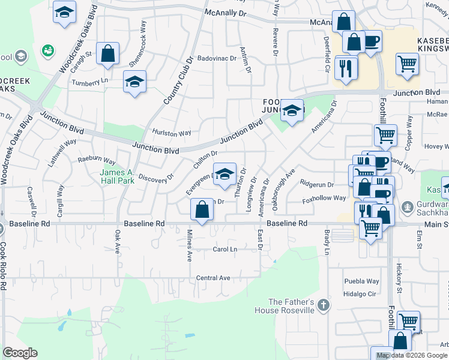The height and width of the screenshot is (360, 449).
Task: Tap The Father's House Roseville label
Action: (x=291, y=306)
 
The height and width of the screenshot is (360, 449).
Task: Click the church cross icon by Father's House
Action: (x=324, y=305)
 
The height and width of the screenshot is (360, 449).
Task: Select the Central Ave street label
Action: (x=213, y=278)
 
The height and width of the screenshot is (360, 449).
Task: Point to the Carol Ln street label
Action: (x=225, y=249)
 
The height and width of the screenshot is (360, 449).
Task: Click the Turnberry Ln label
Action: (x=90, y=81)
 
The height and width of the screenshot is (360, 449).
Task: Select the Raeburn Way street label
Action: (x=97, y=161)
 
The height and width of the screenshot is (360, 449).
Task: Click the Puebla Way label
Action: (x=361, y=281)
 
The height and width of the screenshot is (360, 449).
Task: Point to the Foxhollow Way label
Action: (x=324, y=198)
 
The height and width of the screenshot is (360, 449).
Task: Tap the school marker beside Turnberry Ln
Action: (x=134, y=82)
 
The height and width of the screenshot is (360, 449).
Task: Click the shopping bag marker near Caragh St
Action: (x=107, y=53)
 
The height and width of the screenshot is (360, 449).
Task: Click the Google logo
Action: (x=20, y=353)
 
